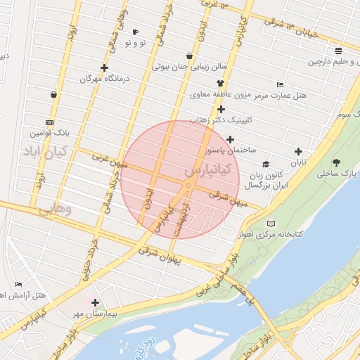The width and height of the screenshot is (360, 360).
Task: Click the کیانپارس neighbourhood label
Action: point(210,171)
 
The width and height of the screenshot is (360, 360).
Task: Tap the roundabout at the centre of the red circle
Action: point(188,185)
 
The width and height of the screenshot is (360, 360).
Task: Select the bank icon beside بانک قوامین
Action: point(49,122)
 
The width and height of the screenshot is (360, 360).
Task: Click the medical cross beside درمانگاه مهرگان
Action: point(105,68)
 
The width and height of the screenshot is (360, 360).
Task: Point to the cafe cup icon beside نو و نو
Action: point(135,32)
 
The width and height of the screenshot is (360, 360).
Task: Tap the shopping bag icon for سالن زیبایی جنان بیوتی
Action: point(189,56)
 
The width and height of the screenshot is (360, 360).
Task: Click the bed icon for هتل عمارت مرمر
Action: point(281,84)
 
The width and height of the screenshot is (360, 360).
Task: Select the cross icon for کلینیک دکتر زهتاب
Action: point(221,109)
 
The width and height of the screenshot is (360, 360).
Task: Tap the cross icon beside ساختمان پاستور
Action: point(230,139)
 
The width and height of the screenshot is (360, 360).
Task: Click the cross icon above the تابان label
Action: point(298,151)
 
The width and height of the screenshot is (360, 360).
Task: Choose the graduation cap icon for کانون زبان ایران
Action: point(266,164)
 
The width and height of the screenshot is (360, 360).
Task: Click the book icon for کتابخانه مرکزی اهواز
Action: point(271,224)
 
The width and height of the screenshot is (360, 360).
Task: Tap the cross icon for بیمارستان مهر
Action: point(95,302)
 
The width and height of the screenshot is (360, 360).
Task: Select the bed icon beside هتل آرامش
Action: point(18,285)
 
